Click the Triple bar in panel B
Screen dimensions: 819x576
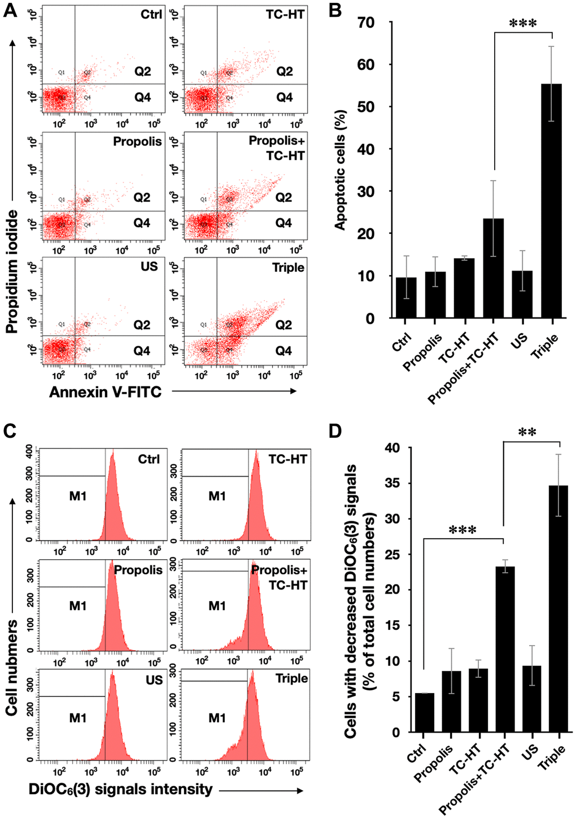tap(551, 201)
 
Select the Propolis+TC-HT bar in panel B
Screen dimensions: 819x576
tap(493, 268)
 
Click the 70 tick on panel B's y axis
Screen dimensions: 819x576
tap(365, 23)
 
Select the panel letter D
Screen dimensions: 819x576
tap(335, 430)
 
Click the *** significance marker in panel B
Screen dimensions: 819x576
tap(522, 24)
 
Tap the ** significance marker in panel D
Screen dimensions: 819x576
tap(527, 433)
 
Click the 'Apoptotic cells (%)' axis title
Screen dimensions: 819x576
tap(340, 169)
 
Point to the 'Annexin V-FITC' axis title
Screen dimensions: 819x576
tap(105, 391)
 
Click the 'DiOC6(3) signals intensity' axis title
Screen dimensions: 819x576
tap(121, 789)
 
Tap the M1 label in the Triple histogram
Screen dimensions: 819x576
tap(217, 718)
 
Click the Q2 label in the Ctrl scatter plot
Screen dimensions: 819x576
tap(142, 71)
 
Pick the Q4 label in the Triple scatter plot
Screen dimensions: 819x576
tap(283, 351)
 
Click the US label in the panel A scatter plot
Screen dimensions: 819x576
tap(149, 266)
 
